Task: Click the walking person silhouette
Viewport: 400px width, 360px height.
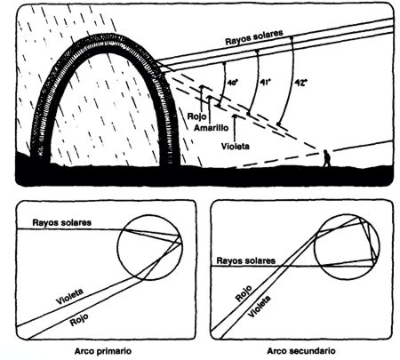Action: pos(326,158)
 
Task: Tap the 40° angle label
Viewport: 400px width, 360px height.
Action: pos(233,83)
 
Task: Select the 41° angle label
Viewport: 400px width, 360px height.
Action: pos(266,82)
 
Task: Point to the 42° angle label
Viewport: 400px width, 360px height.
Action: pos(299,82)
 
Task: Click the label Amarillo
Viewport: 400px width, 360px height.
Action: pos(212,128)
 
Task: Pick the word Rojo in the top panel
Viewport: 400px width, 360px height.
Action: pos(197,116)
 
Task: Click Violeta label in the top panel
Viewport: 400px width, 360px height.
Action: pos(236,146)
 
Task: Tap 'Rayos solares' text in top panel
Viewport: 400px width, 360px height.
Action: pos(254,37)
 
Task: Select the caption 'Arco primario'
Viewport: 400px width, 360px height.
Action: pos(103,351)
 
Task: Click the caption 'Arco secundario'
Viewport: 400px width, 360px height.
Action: pos(301,351)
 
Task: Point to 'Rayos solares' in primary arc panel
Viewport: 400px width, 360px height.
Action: pos(62,222)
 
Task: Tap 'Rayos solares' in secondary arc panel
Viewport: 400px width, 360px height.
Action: pos(246,260)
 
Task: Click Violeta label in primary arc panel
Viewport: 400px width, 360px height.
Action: pos(70,297)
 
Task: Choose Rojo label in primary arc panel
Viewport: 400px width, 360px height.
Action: pos(79,320)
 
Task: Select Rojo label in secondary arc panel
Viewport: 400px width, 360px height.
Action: pos(244,293)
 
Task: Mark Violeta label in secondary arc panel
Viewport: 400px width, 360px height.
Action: pos(260,307)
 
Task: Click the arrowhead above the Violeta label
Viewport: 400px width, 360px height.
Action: pos(236,116)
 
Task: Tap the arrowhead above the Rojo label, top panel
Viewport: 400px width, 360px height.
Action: pos(202,87)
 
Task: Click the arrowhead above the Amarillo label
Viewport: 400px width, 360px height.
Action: pos(210,98)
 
